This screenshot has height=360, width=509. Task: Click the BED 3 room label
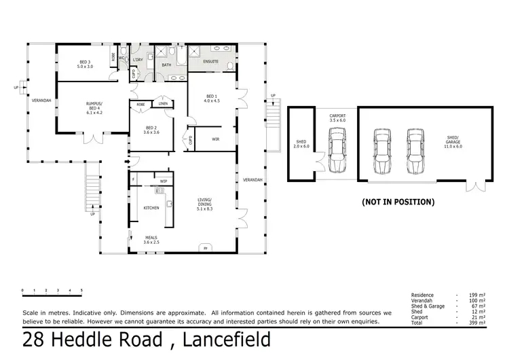pos(83,65)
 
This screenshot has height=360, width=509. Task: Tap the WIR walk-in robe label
pos(215,139)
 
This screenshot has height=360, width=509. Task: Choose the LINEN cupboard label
pos(163,104)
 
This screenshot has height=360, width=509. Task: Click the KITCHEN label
pos(151,207)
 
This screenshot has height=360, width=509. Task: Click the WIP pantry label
pos(163,181)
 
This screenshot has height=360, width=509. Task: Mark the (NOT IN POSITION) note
pos(398,202)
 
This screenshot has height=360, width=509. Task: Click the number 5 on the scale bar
pos(81,291)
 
